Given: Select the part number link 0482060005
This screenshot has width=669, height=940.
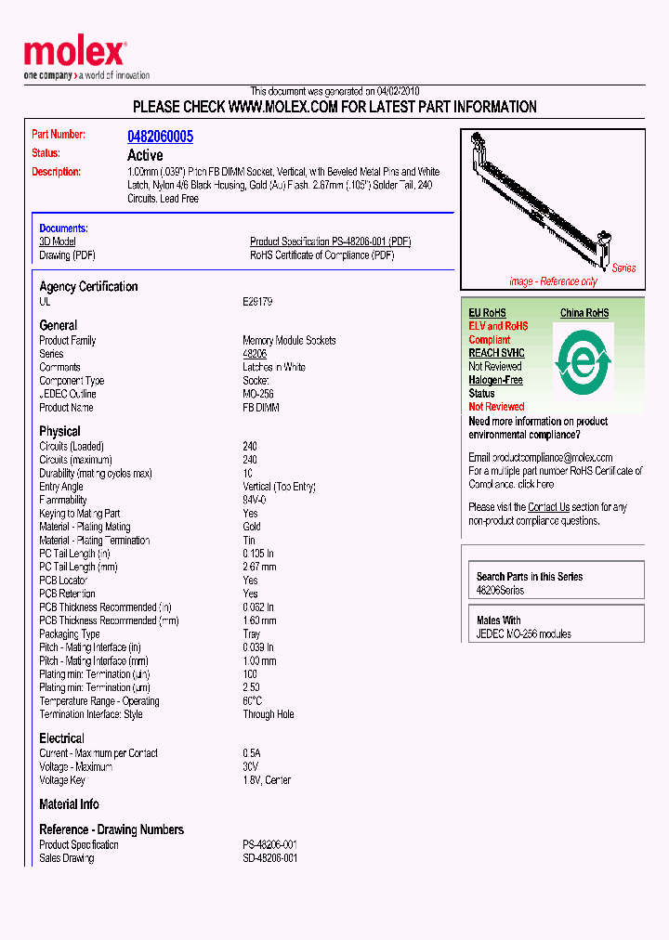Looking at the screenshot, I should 160,137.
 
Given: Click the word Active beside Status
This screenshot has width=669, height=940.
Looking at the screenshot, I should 145,155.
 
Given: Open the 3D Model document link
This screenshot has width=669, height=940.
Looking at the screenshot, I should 57,242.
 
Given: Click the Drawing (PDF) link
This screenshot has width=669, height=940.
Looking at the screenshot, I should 67,255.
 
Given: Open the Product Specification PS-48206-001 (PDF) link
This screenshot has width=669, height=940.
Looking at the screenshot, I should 330,242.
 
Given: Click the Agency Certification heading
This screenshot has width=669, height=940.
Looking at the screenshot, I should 88,287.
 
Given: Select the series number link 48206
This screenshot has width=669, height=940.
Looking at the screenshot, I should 255,354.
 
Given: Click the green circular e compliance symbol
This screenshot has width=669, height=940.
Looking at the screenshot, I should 583,359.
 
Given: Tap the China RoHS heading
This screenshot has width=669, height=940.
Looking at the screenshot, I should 584,313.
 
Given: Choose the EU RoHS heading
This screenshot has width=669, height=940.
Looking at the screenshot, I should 487,313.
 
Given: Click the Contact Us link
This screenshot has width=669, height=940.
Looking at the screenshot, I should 548,507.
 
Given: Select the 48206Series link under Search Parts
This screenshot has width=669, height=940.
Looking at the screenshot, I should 500,591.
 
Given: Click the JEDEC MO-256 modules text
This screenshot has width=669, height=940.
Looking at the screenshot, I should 523,634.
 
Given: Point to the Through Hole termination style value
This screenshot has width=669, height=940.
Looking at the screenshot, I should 269,714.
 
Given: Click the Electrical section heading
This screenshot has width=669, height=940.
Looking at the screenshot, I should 61,738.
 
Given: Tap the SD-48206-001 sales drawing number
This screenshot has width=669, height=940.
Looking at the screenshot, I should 269,858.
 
